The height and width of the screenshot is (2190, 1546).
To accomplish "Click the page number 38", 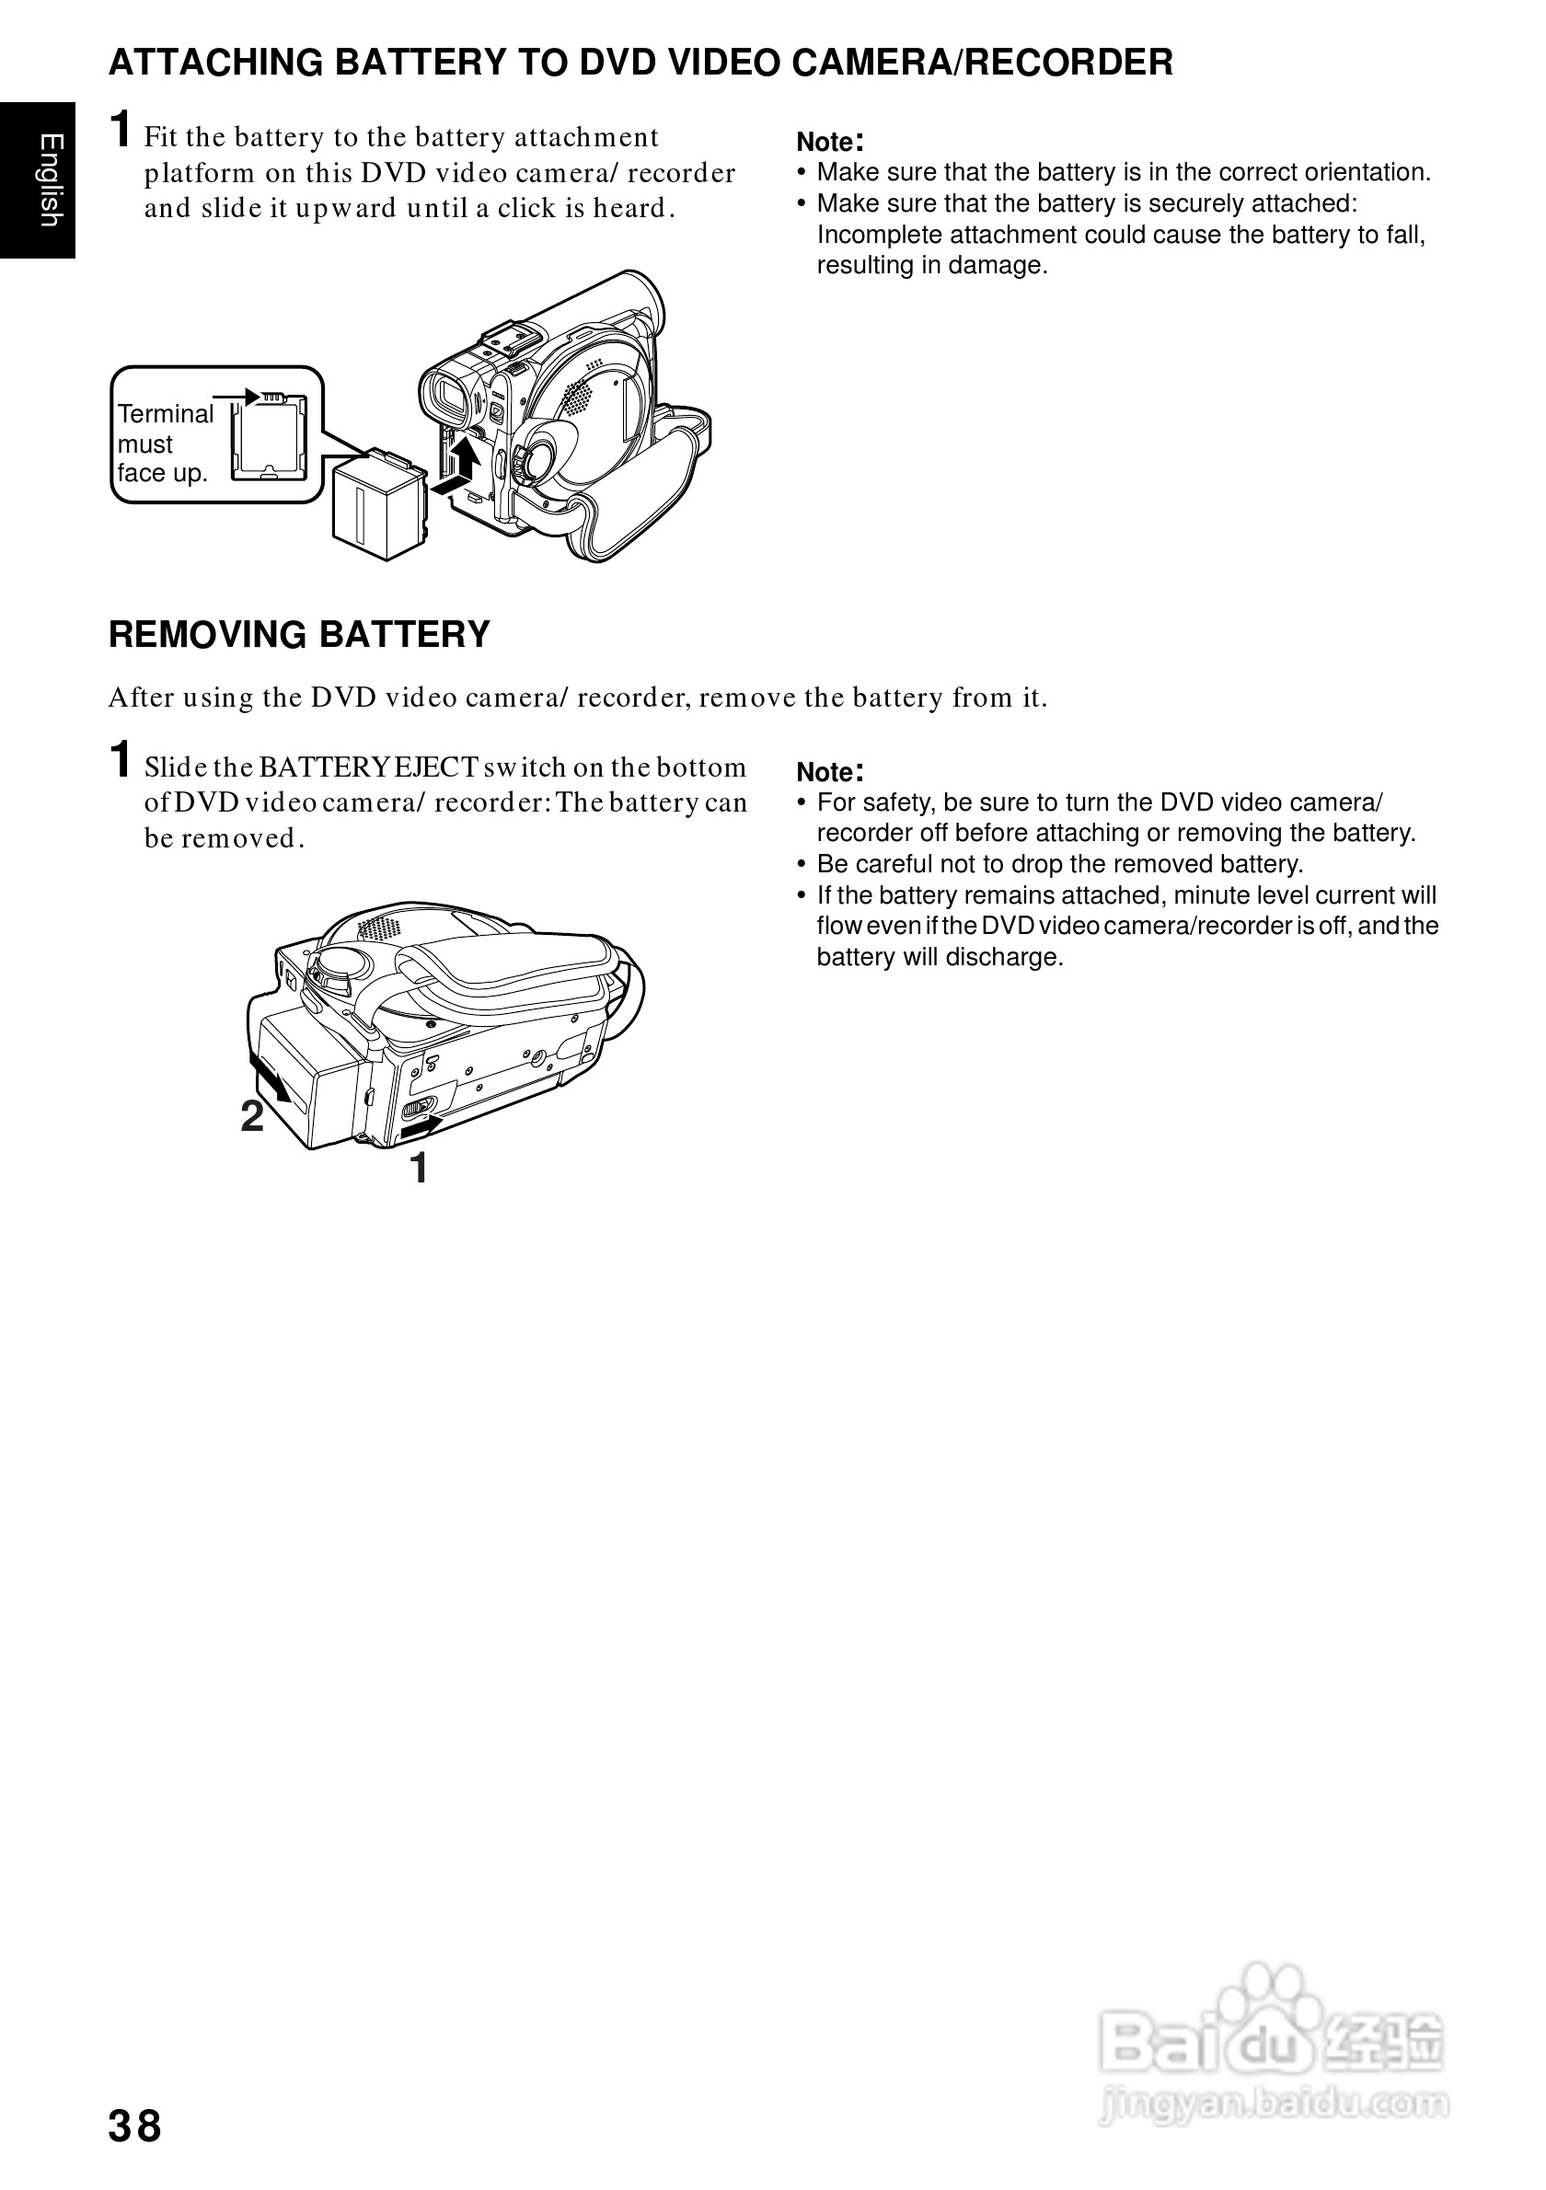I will pos(135,2126).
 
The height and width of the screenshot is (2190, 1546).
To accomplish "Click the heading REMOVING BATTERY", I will pos(298,634).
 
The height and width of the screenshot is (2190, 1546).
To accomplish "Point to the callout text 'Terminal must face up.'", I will pos(164,444).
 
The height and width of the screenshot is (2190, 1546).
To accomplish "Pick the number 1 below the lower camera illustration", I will pos(419,1168).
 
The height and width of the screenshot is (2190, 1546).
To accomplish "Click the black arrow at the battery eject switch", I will pos(421,1127).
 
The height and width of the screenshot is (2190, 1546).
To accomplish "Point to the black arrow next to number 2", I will pos(270,1078).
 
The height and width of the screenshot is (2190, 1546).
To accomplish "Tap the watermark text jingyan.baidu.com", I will pos(1274,2103).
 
